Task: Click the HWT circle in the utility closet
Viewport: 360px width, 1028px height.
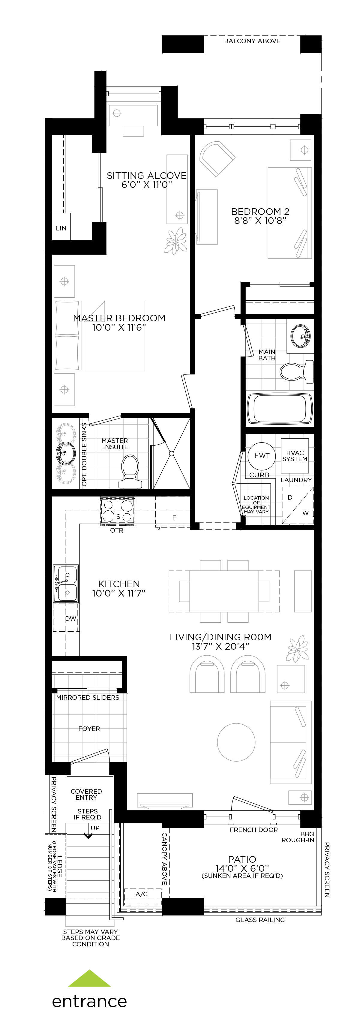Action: pos(262,456)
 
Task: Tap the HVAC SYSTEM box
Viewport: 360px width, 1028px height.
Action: pos(295,456)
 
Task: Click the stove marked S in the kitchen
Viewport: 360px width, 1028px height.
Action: pos(117,511)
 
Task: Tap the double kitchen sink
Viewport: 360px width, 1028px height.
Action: pos(66,583)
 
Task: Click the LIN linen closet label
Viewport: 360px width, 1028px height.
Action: pos(61,228)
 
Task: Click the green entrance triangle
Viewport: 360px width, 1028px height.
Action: pos(89,978)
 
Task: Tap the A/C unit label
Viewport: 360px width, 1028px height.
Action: pos(142,894)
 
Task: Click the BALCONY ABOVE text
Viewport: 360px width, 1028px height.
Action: pos(252,41)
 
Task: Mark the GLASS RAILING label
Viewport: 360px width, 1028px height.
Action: pos(260,920)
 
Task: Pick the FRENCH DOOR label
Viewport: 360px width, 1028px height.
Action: pos(254,830)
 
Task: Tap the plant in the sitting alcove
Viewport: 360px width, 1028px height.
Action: pos(176,240)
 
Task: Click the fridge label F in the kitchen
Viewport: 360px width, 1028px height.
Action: pos(174,518)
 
